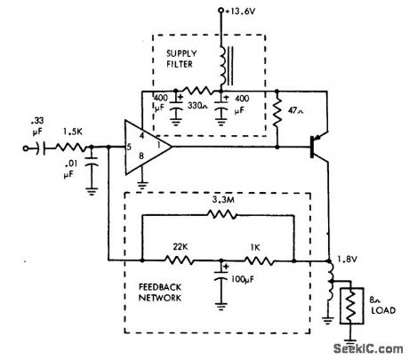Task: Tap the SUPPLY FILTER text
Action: [x=181, y=59]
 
